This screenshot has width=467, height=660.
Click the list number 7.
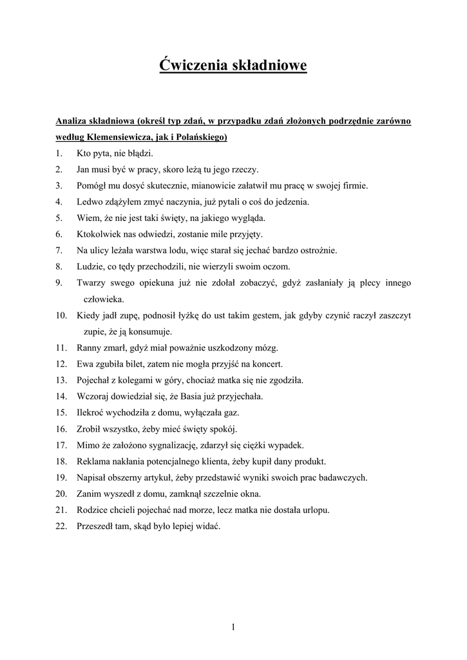click(58, 250)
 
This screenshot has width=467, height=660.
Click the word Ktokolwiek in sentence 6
click(97, 234)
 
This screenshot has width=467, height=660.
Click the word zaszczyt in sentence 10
click(393, 316)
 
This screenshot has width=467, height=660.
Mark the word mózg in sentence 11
click(266, 348)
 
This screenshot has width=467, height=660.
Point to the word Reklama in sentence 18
click(93, 461)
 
